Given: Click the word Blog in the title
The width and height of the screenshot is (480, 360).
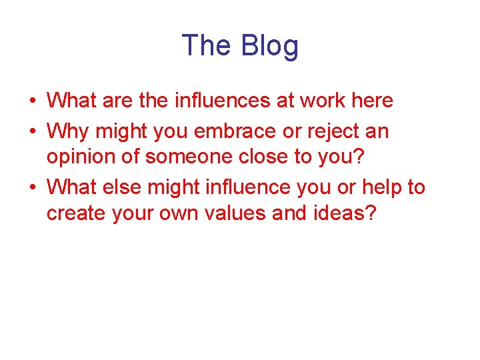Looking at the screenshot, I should (x=270, y=47).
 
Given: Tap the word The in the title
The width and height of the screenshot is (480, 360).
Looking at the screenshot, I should (x=207, y=45).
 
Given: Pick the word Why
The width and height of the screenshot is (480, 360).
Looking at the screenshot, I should (x=69, y=131).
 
